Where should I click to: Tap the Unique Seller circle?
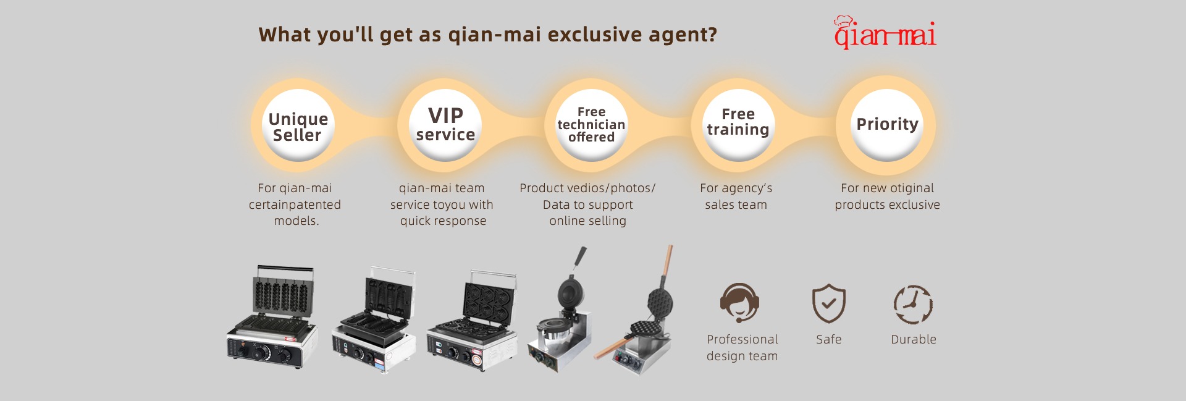298,125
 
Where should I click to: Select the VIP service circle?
445,125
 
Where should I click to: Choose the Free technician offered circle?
591,125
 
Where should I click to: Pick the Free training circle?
738,125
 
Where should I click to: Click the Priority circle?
887,125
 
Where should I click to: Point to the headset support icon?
739,303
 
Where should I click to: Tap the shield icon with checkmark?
828,303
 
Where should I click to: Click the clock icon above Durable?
913,304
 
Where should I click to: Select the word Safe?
828,339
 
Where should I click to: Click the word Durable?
914,339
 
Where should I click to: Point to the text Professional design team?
742,347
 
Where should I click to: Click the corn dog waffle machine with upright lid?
272,317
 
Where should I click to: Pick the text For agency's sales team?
736,196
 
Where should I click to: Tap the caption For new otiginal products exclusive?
887,196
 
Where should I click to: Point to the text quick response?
443,221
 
